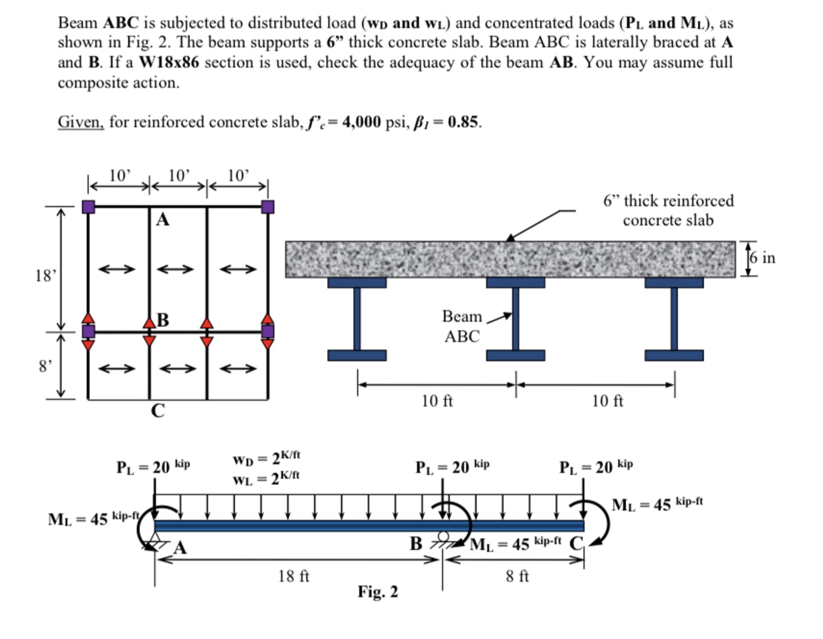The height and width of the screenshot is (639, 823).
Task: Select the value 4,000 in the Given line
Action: (x=361, y=122)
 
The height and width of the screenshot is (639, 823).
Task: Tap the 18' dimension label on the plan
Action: (x=45, y=275)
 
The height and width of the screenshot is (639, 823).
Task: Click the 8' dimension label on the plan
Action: (x=45, y=366)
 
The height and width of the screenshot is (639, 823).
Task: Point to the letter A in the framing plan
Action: (x=162, y=220)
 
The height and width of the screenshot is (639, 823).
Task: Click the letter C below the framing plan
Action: (x=158, y=411)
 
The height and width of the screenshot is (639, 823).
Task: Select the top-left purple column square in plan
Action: (x=88, y=207)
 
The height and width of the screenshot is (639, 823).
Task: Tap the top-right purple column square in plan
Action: (x=267, y=207)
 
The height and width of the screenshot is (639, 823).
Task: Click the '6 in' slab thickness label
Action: (x=762, y=258)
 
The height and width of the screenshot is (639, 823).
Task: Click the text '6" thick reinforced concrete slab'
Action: (x=668, y=210)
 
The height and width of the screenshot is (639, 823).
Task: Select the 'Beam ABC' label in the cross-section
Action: (x=461, y=326)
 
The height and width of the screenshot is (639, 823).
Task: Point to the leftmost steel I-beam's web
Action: (x=357, y=319)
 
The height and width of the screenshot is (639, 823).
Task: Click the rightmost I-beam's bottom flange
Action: (x=673, y=355)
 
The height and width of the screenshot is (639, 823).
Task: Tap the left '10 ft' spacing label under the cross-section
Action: (x=437, y=401)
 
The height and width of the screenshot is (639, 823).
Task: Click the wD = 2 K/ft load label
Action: (x=266, y=459)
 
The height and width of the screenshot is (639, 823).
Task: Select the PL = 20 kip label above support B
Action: (x=452, y=466)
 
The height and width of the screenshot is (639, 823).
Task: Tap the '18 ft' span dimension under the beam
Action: (x=294, y=576)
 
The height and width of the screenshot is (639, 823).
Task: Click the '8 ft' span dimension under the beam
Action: (x=517, y=576)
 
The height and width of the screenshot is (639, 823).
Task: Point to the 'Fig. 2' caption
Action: (x=377, y=592)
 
